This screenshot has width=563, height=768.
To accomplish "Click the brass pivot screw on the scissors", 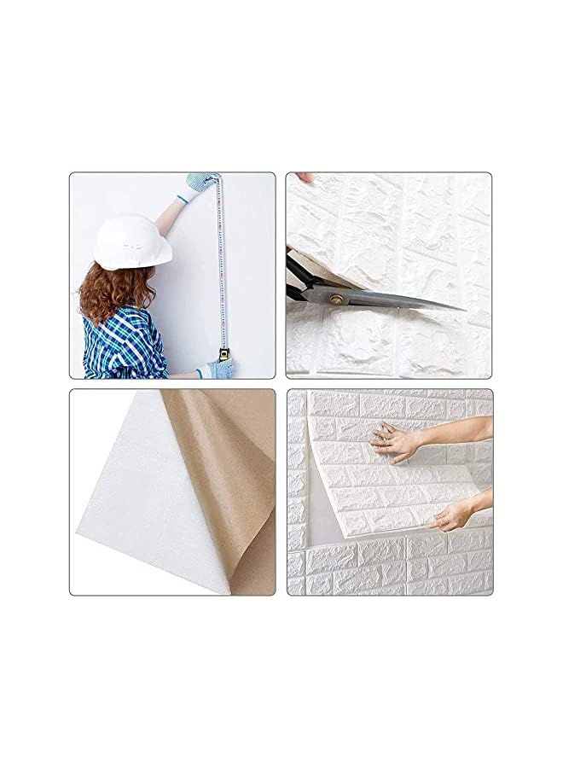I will pos(335,300).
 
